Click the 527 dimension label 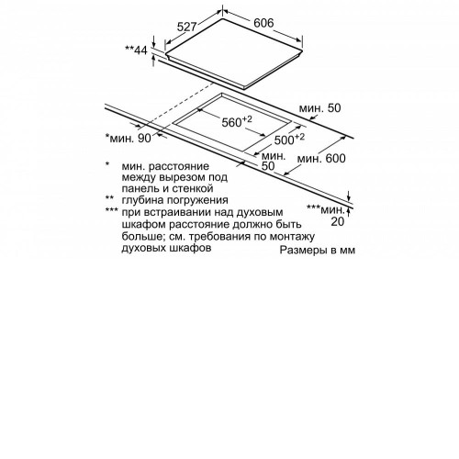186,27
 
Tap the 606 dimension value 263,23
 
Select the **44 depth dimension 136,50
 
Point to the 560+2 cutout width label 237,121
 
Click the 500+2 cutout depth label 289,139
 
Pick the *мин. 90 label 129,138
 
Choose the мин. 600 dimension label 321,158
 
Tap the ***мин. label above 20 325,209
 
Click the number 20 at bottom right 338,221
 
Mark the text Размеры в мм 318,250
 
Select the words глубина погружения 175,200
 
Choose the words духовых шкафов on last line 166,248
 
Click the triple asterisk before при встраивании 111,210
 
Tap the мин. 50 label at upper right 319,108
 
